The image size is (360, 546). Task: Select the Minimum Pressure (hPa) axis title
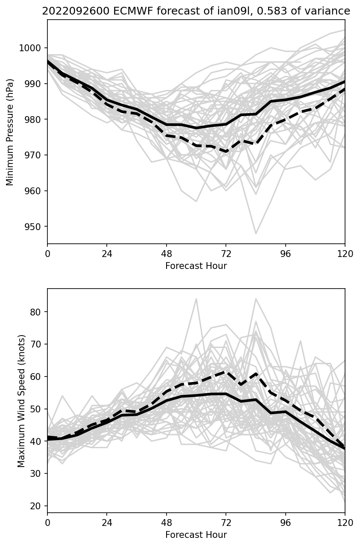pos(10,132)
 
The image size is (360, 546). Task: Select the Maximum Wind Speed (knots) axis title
pos(21,400)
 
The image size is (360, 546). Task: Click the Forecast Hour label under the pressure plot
pos(196,266)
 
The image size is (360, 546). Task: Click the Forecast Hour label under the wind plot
pos(196,534)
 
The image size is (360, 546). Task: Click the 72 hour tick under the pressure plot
pos(226,254)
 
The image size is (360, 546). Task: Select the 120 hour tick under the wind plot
pos(345,522)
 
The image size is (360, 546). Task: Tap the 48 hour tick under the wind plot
pos(167,522)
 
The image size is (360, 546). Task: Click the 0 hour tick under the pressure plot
pos(47,254)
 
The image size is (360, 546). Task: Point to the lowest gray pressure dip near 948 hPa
pos(256,234)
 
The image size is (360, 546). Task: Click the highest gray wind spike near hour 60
pos(196,299)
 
